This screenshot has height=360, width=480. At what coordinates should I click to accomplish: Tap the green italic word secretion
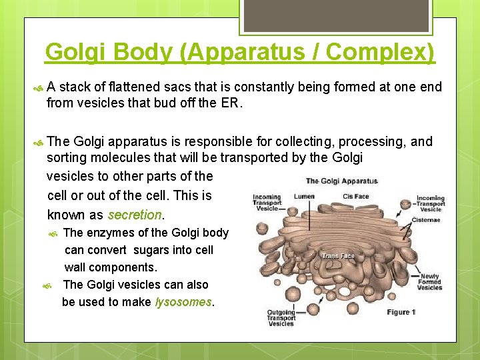coord(135,215)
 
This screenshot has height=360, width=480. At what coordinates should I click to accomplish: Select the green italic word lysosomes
coord(183,302)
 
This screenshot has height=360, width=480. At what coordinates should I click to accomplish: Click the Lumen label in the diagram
coord(304,196)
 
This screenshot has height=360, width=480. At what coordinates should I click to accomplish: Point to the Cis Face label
coord(355,196)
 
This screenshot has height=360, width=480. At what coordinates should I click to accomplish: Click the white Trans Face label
coord(339,256)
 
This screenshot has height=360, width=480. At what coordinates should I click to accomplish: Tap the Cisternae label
coord(426,220)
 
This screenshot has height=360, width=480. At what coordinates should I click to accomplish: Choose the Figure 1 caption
coord(401,312)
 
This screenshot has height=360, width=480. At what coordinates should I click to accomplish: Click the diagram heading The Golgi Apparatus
coord(341,181)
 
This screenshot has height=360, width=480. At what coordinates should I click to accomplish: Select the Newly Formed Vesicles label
coord(429,282)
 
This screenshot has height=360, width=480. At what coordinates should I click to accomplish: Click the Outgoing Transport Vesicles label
coord(281,317)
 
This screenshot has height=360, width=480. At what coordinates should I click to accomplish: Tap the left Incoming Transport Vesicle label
coord(267,203)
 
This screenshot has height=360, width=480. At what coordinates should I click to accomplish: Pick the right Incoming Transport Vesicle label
coord(430,203)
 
